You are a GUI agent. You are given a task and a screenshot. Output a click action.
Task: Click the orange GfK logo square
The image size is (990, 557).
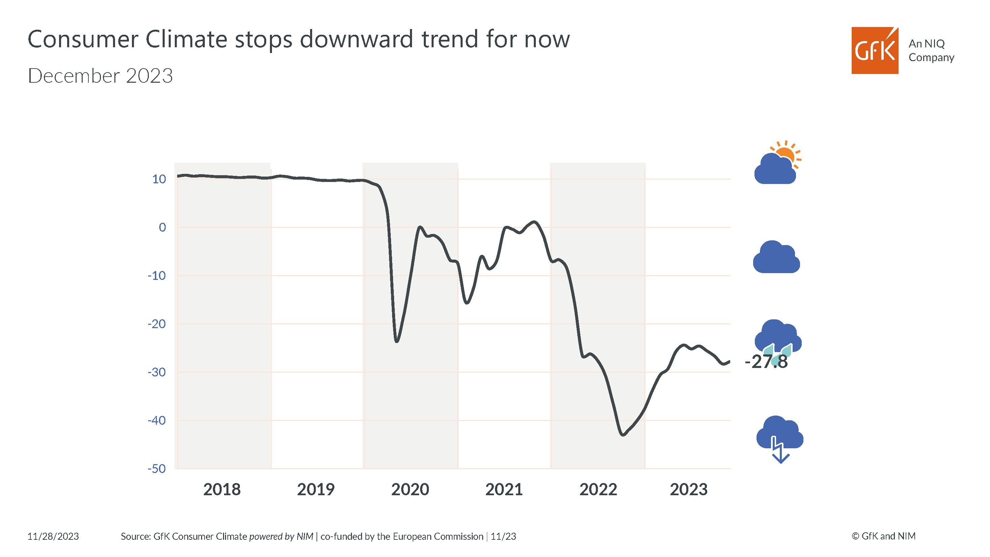[874, 50]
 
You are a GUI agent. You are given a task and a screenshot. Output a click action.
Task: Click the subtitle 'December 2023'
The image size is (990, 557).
[100, 76]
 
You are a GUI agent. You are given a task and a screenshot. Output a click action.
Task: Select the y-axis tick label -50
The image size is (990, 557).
[157, 469]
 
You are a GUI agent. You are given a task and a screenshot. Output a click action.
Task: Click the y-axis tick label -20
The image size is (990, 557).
[157, 324]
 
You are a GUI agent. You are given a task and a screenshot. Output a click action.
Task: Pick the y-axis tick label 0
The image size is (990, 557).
[162, 228]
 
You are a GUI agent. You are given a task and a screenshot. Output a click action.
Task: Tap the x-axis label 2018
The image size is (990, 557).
[222, 490]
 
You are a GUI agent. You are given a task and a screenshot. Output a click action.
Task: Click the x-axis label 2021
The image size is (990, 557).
[504, 490]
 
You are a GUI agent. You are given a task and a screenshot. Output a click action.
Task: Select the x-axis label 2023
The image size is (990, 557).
[688, 490]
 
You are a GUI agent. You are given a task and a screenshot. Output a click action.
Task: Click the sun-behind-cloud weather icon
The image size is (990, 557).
[777, 163]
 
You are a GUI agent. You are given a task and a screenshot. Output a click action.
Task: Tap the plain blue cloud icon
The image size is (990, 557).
[776, 258]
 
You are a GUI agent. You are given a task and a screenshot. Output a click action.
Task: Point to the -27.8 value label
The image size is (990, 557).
[766, 362]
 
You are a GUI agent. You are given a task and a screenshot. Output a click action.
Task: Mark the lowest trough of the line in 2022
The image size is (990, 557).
[623, 435]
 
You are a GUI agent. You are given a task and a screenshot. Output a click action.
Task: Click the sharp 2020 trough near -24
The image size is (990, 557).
[396, 341]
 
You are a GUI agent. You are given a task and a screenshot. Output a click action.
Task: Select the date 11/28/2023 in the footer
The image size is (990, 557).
[53, 536]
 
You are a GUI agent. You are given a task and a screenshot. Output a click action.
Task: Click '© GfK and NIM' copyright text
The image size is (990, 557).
[883, 536]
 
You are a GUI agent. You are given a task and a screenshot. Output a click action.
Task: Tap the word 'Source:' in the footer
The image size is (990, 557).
[136, 536]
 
